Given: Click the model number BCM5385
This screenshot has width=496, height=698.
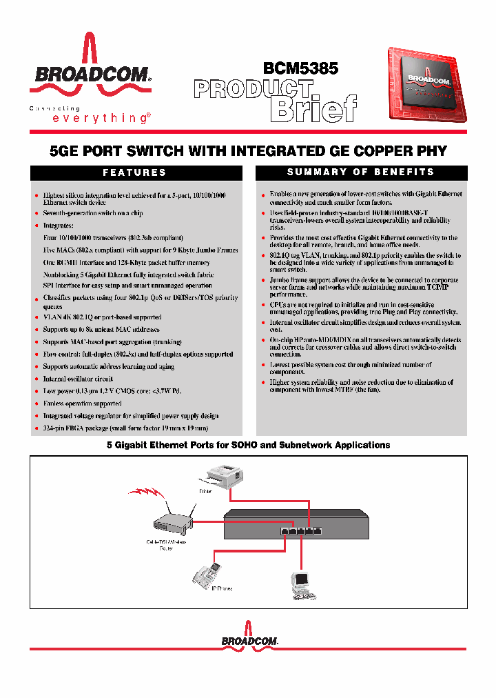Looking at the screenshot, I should [300, 69].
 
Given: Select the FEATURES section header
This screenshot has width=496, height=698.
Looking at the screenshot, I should [135, 172].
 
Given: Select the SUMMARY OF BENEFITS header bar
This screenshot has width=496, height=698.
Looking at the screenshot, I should [361, 172].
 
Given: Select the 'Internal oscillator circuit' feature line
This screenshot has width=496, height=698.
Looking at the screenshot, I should [78, 379].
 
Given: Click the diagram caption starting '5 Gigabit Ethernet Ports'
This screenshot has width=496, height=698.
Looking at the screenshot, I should [248, 445].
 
